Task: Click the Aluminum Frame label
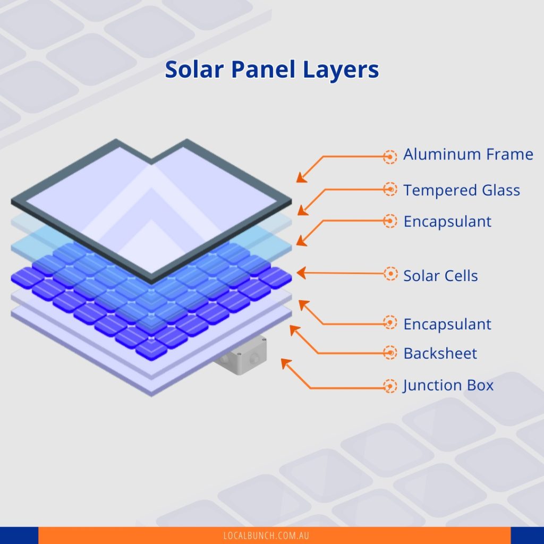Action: coord(468,155)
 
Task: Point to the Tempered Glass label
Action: coord(462,190)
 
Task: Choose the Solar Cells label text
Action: coord(440,276)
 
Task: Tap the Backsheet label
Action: coord(440,353)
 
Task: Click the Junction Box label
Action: coord(448,385)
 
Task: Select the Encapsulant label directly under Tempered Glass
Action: coord(447,222)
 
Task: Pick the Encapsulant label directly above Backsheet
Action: coord(447,324)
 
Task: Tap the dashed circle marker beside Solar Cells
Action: coord(390,274)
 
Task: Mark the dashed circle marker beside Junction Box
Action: coord(390,386)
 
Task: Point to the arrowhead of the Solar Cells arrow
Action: coord(300,273)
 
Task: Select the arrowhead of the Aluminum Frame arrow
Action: coord(301,178)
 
